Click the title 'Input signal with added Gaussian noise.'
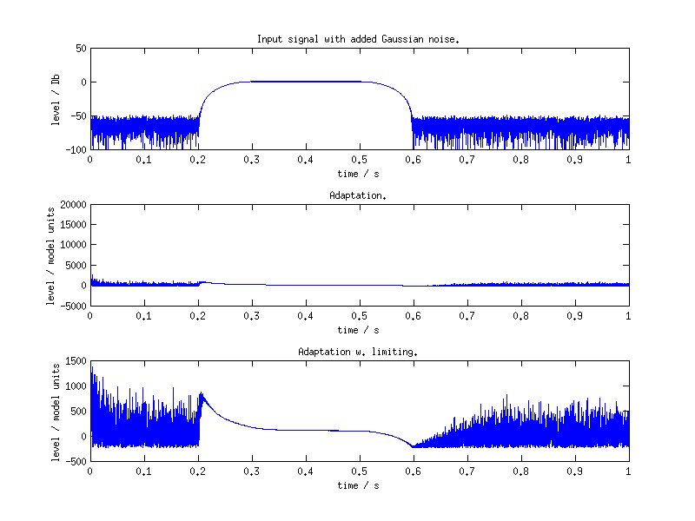coord(358,39)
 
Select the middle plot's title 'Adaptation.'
coord(358,195)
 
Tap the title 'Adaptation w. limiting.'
coord(358,352)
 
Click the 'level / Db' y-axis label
coord(56,98)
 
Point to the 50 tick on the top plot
coord(79,48)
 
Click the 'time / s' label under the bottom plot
coord(358,485)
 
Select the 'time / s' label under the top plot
coord(358,173)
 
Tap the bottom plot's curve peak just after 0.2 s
coord(202,393)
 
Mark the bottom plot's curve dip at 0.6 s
coord(413,446)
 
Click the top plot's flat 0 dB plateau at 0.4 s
coord(305,82)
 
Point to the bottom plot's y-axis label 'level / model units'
coord(56,411)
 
